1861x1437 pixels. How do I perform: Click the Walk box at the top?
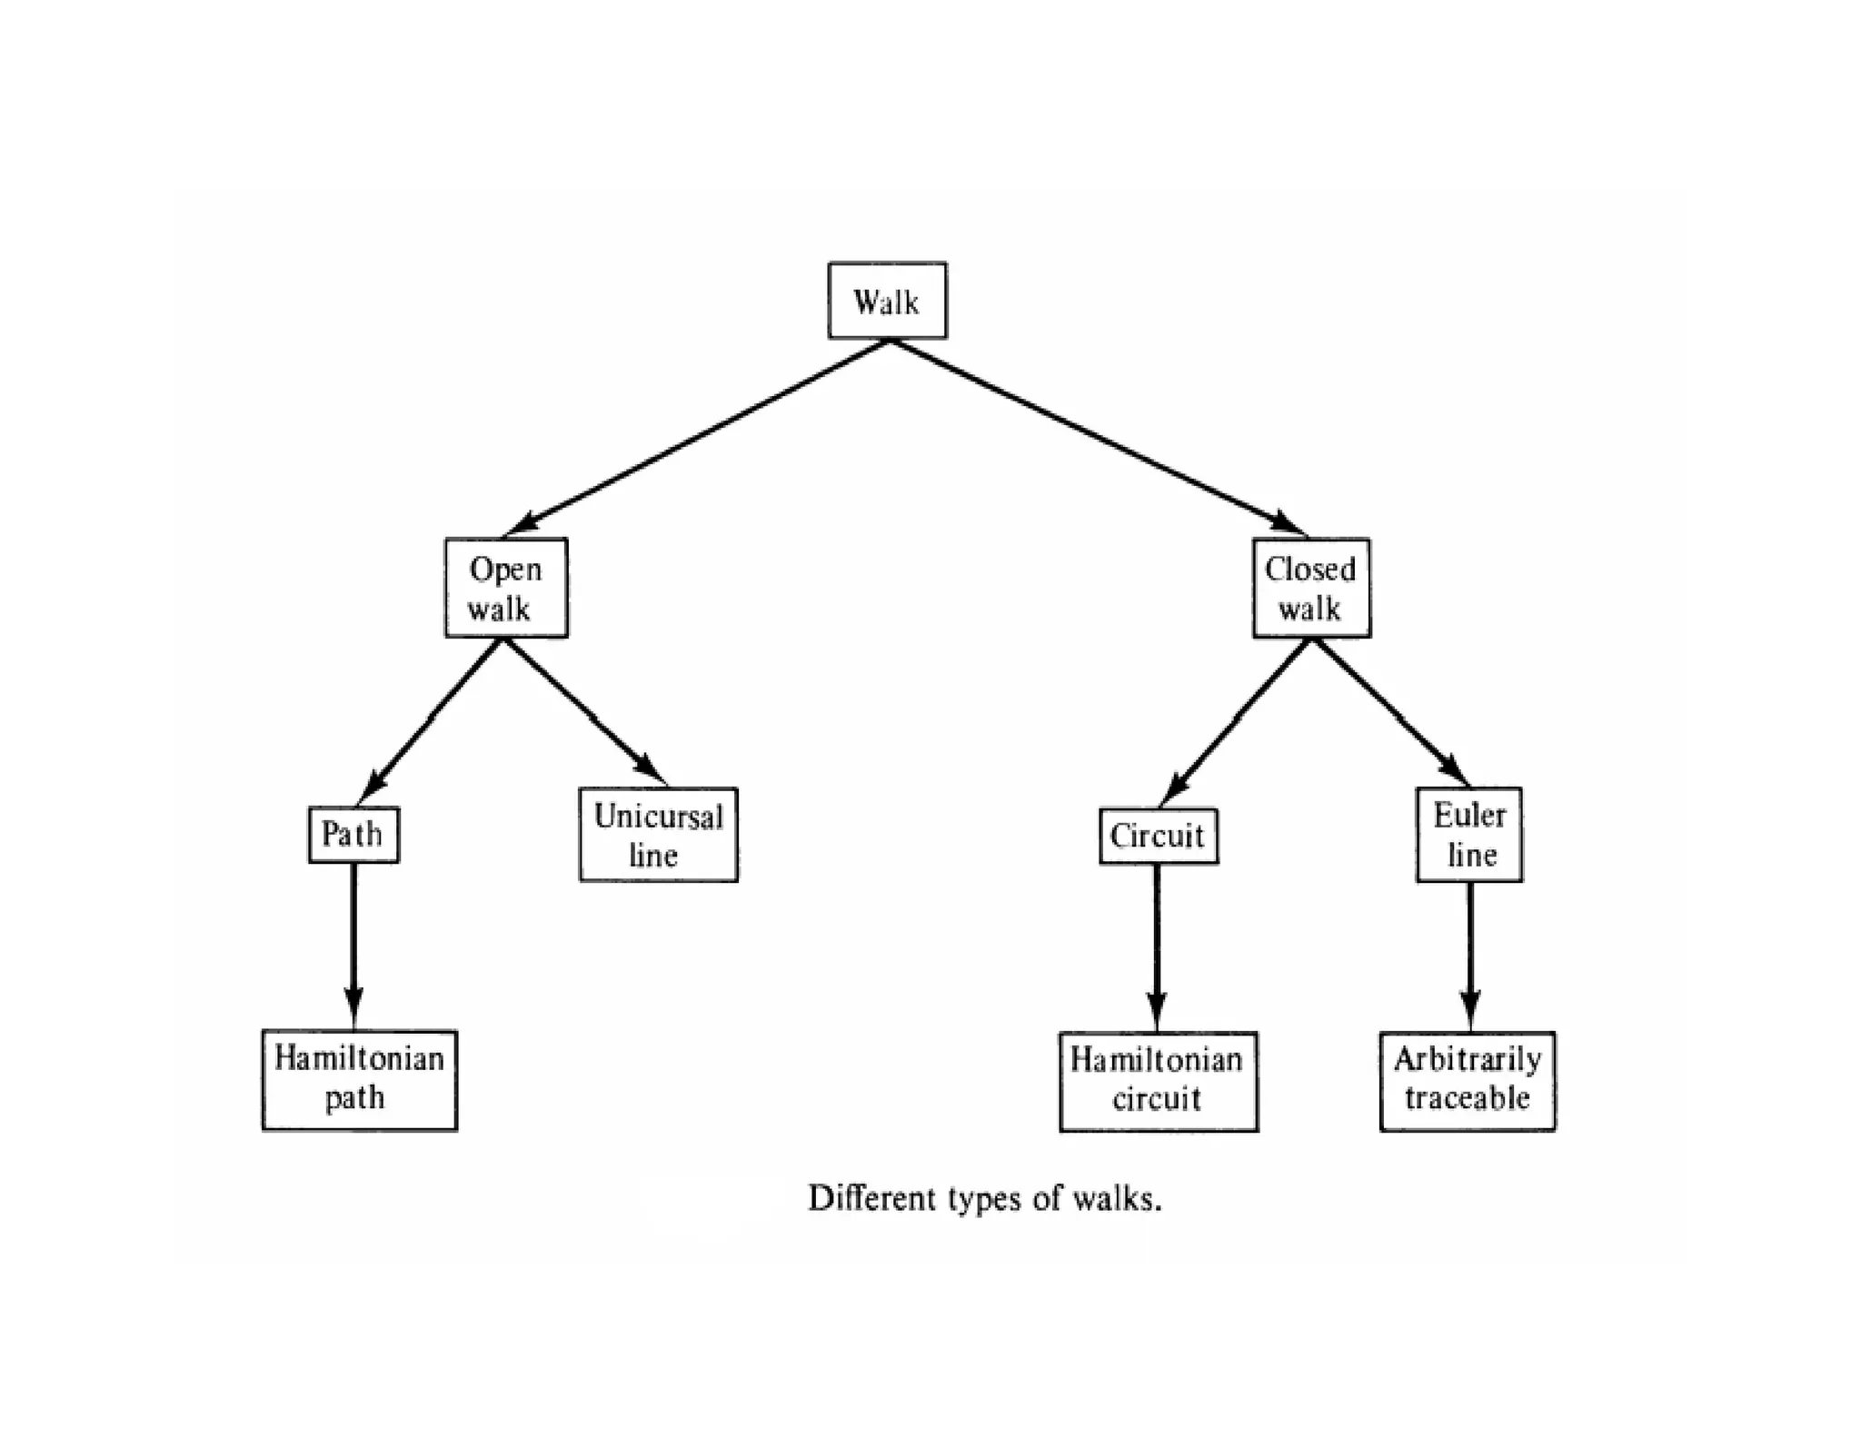887,301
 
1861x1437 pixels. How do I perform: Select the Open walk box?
506,588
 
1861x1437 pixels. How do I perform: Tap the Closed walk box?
1310,588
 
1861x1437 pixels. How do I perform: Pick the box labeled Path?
353,834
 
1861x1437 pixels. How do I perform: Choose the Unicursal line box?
658,835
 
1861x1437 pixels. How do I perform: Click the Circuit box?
1158,836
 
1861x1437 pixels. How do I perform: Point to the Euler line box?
1468,835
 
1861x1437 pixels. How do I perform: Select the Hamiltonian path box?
359,1079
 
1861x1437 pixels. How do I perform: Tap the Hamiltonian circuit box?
1158,1081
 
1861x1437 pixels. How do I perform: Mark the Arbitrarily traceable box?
1467,1081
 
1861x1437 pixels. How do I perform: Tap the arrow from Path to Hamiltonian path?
353,945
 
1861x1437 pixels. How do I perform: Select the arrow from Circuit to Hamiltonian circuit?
1157,945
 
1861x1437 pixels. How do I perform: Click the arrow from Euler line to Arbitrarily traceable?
1469,954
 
